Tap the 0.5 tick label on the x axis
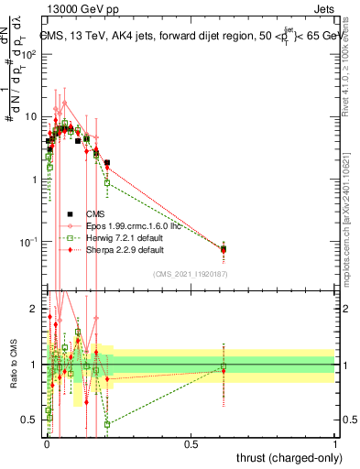point(191,442)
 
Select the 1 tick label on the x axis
point(335,442)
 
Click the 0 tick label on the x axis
point(46,442)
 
